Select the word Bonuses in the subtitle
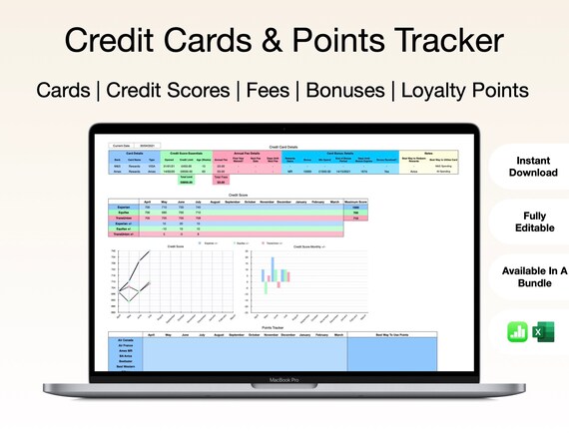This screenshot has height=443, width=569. click(x=343, y=90)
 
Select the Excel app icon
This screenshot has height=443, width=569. click(x=543, y=332)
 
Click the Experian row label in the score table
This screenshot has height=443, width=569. click(x=127, y=208)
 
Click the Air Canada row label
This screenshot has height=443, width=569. click(x=127, y=340)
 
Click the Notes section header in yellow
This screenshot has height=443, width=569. click(x=421, y=152)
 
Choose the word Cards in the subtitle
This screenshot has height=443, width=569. click(x=64, y=90)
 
